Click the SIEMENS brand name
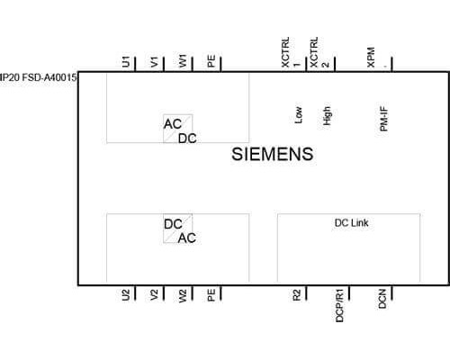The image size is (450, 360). click(273, 154)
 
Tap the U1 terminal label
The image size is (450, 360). click(126, 61)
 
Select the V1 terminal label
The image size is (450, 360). click(155, 62)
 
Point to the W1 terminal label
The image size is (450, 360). click(183, 61)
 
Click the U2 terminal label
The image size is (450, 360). click(126, 294)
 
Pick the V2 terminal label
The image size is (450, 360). click(154, 295)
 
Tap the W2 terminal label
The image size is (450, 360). click(183, 295)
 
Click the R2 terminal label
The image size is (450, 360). click(296, 295)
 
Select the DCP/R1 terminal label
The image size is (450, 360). click(339, 305)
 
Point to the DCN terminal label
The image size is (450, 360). click(382, 299)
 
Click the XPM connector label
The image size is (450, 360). click(371, 57)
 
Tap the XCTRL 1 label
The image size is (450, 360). click(291, 52)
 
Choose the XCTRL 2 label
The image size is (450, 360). click(319, 52)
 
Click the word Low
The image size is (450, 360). click(299, 115)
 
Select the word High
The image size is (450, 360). click(327, 116)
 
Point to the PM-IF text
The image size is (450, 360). click(384, 119)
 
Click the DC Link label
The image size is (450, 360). click(351, 223)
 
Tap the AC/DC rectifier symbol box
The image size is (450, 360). click(178, 129)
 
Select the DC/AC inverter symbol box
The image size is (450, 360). click(178, 229)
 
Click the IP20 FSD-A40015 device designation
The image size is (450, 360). click(38, 77)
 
